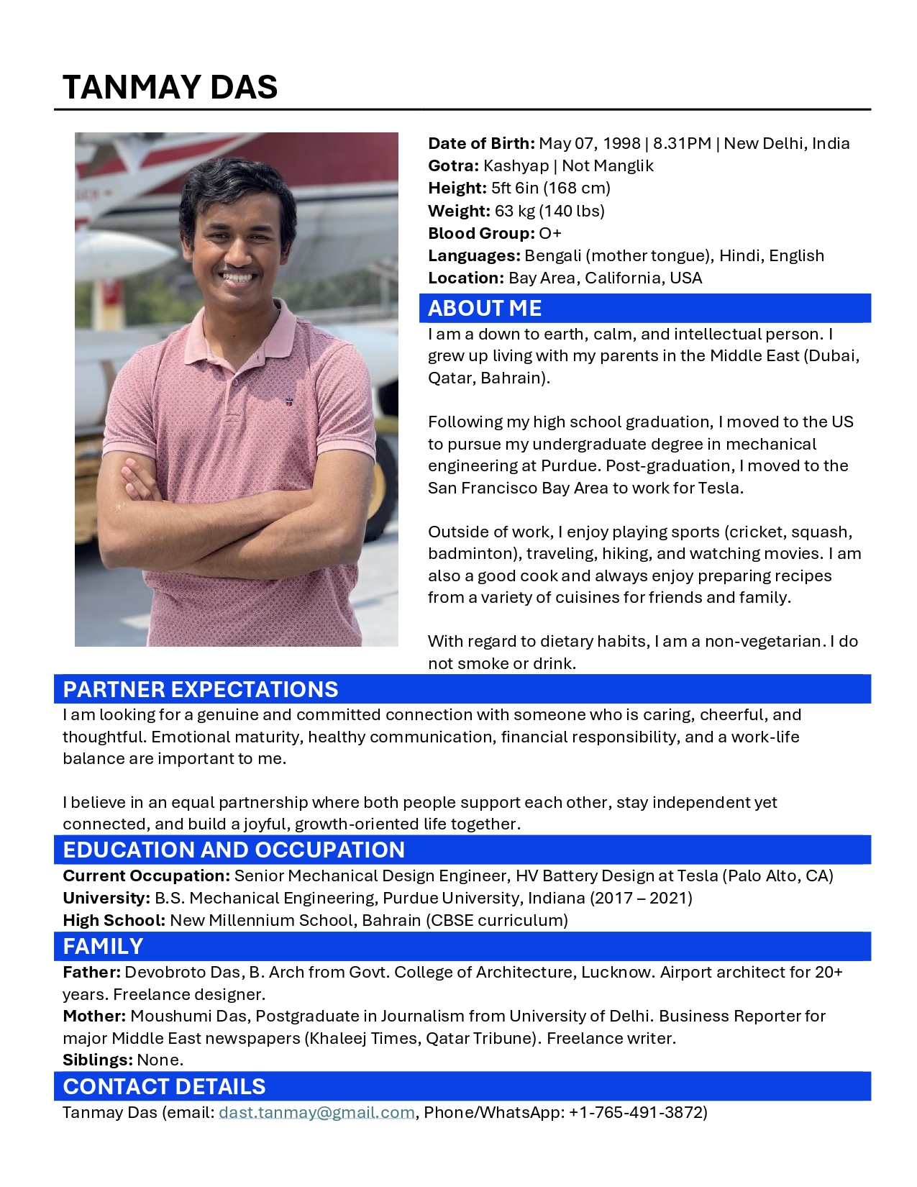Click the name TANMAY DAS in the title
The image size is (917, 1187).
point(170,87)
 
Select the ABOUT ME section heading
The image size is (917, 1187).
point(484,309)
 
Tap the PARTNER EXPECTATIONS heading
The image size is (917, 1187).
point(200,689)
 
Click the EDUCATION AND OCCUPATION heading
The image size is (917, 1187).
point(234,850)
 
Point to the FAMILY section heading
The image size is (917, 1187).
point(103,946)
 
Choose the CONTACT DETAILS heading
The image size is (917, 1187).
point(164,1086)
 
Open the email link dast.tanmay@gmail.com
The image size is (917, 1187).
point(316,1112)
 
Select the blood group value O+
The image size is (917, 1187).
point(550,233)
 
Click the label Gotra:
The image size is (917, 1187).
point(453,165)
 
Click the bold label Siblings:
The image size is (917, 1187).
point(98,1060)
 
